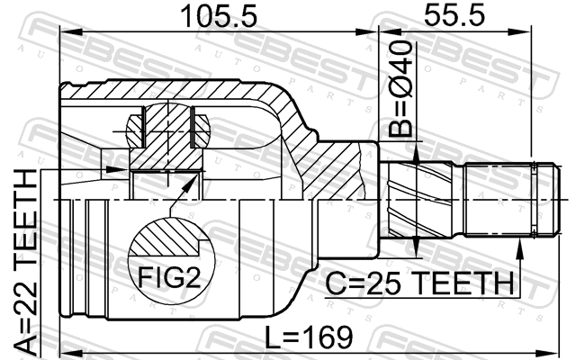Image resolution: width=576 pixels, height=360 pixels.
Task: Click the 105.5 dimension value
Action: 220,16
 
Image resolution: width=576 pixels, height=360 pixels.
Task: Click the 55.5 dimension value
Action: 454,14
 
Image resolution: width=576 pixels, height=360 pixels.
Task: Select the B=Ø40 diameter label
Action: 401,89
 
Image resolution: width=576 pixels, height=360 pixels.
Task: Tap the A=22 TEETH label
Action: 26,263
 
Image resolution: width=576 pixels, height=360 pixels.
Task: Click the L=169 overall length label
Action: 309,337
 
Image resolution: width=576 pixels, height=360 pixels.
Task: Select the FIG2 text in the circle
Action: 169,277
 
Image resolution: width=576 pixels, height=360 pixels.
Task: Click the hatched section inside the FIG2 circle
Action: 167,237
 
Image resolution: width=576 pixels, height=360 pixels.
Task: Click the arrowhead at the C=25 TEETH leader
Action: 519,247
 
